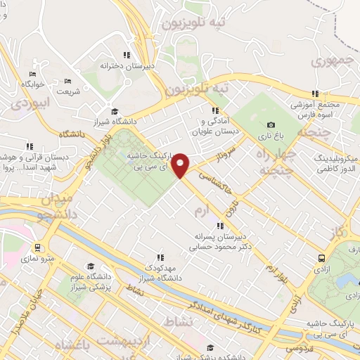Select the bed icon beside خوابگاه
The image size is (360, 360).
coord(32,74)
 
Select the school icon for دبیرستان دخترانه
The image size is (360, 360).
coord(127,54)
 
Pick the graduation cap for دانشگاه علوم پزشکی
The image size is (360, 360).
coord(89,266)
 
